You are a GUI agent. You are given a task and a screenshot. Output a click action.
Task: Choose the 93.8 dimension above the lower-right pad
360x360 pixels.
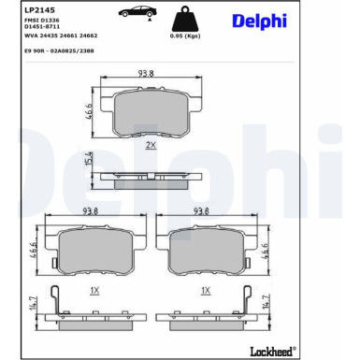pyautogui.click(x=203, y=211)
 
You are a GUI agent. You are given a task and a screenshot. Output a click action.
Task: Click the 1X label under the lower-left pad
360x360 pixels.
pyautogui.click(x=94, y=290)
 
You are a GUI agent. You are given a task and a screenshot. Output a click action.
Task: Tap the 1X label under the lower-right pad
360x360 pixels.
pyautogui.click(x=204, y=290)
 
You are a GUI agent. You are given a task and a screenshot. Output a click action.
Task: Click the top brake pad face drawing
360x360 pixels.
pyautogui.click(x=146, y=115)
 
